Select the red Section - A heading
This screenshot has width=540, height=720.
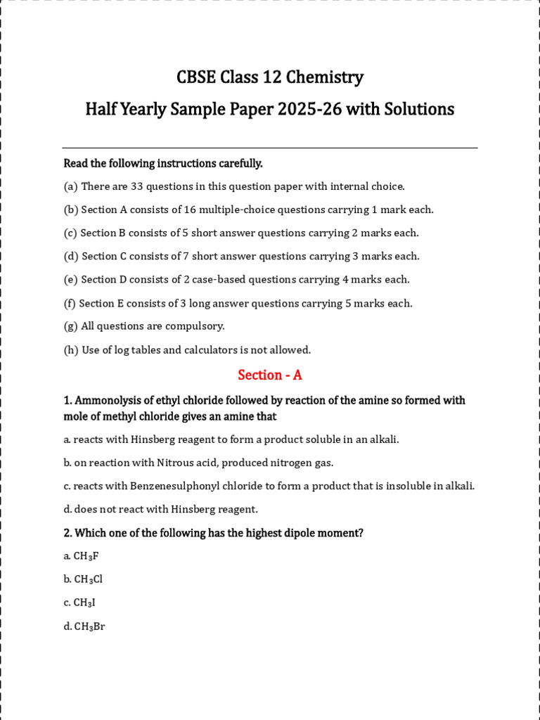coord(270,375)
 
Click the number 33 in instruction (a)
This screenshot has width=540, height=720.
coord(133,186)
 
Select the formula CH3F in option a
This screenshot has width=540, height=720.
coord(86,556)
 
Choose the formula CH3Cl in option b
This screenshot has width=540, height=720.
coord(88,579)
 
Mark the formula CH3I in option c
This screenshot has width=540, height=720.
coord(84,603)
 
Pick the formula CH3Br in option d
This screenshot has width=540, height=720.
coord(89,626)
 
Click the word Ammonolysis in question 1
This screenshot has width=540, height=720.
coord(107,400)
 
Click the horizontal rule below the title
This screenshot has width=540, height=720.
coord(270,148)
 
